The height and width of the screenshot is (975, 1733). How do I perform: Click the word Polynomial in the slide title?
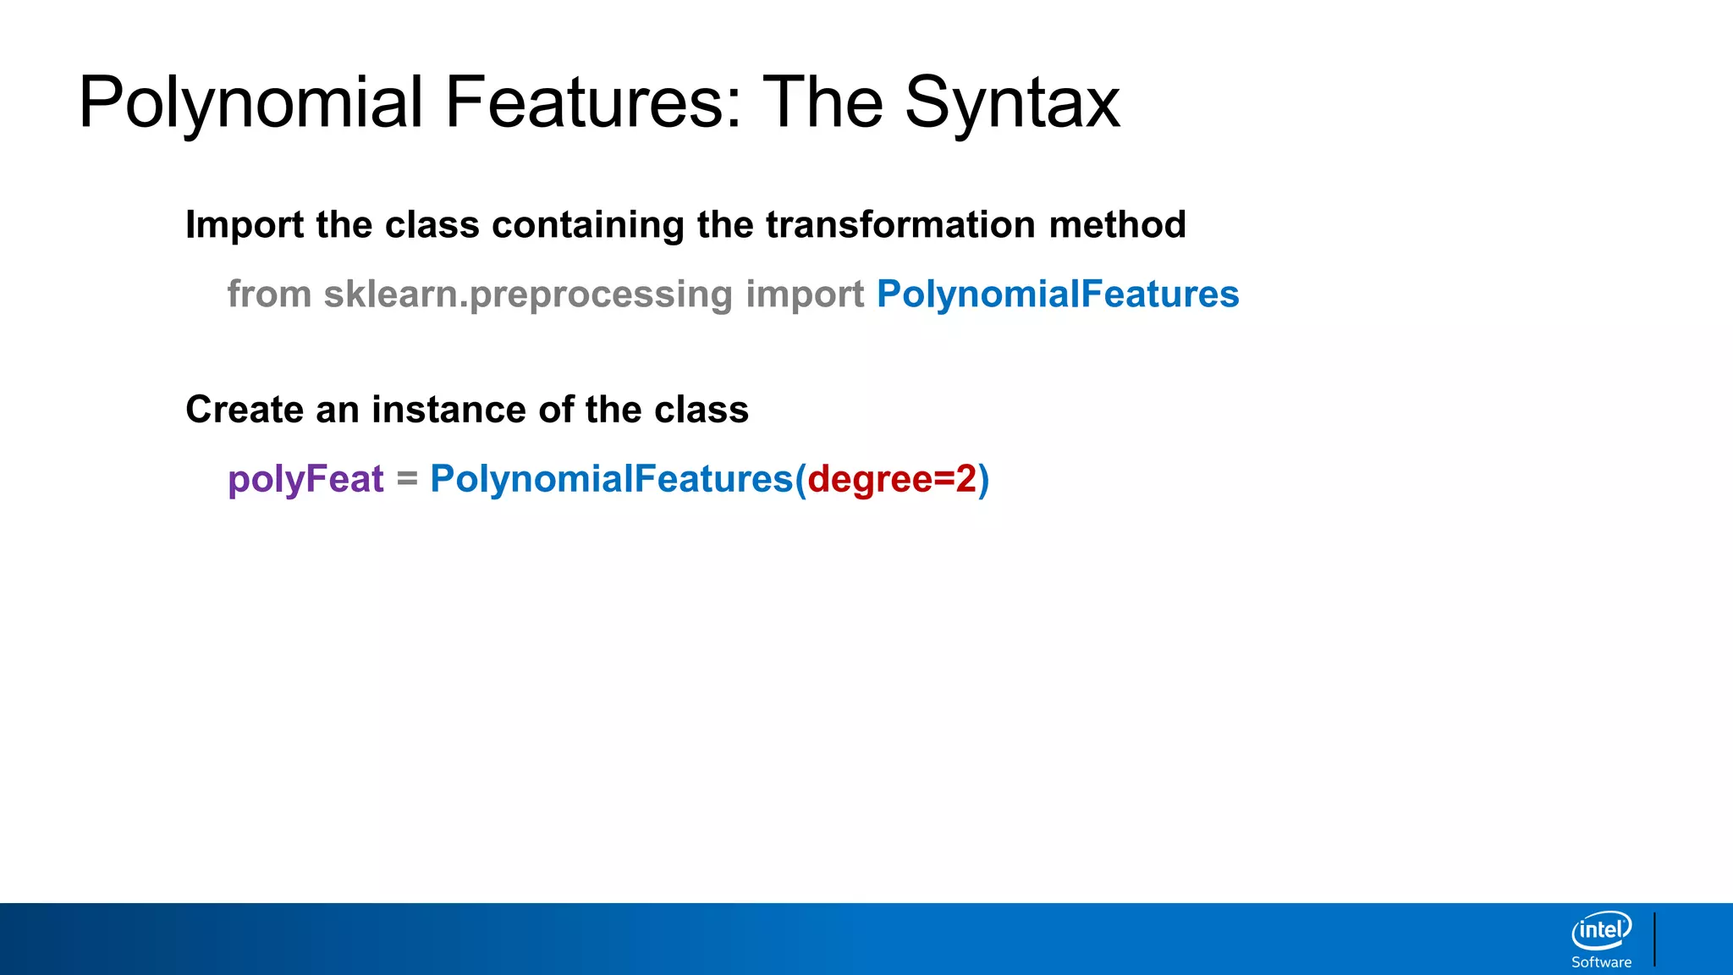250,103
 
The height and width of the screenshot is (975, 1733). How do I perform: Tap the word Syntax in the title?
1012,103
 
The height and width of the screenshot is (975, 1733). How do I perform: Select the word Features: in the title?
593,103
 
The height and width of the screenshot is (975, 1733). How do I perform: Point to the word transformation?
900,225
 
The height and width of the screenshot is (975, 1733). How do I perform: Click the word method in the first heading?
1117,225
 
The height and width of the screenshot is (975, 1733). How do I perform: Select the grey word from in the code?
269,295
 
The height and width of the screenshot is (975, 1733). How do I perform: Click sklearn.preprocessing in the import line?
528,295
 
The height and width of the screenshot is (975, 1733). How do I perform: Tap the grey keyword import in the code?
804,295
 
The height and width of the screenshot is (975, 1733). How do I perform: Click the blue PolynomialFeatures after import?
1057,295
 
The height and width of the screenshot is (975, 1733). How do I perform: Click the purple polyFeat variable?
305,480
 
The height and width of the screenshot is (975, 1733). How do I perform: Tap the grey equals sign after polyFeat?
407,480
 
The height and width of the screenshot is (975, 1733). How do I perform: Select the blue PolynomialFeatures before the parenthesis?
611,480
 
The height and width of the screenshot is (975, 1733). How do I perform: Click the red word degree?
870,480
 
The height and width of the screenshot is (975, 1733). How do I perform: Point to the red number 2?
966,479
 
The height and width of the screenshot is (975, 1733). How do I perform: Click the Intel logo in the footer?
1601,931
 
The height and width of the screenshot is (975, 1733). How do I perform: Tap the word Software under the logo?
1601,962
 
